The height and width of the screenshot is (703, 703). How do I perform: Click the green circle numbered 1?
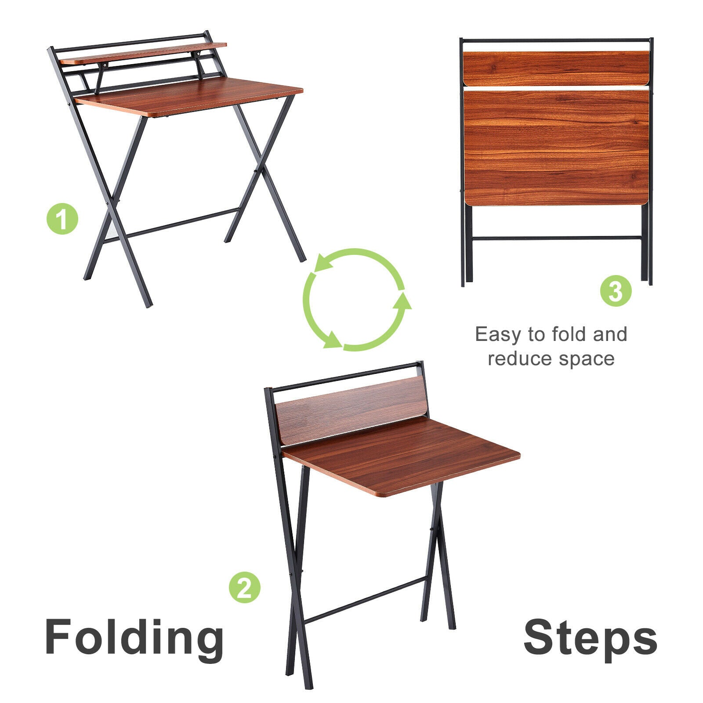coord(62,218)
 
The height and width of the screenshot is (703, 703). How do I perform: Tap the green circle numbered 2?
coord(245,587)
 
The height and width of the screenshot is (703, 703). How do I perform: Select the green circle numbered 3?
coord(616,290)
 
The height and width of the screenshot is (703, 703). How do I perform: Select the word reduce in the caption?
coord(520,359)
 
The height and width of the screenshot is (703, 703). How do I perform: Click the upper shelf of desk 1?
coord(143,53)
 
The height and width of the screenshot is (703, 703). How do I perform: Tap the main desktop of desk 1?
coord(189,97)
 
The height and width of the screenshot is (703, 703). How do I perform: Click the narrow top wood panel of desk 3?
coord(556,69)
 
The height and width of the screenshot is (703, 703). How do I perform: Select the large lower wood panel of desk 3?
coord(556,148)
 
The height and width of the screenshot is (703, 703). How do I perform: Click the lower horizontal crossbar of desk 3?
coord(557,238)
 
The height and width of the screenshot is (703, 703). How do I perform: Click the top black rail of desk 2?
coord(344,377)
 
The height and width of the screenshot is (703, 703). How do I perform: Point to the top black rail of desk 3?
coord(556,40)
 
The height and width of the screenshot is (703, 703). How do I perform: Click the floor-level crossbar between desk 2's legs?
coord(365,600)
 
